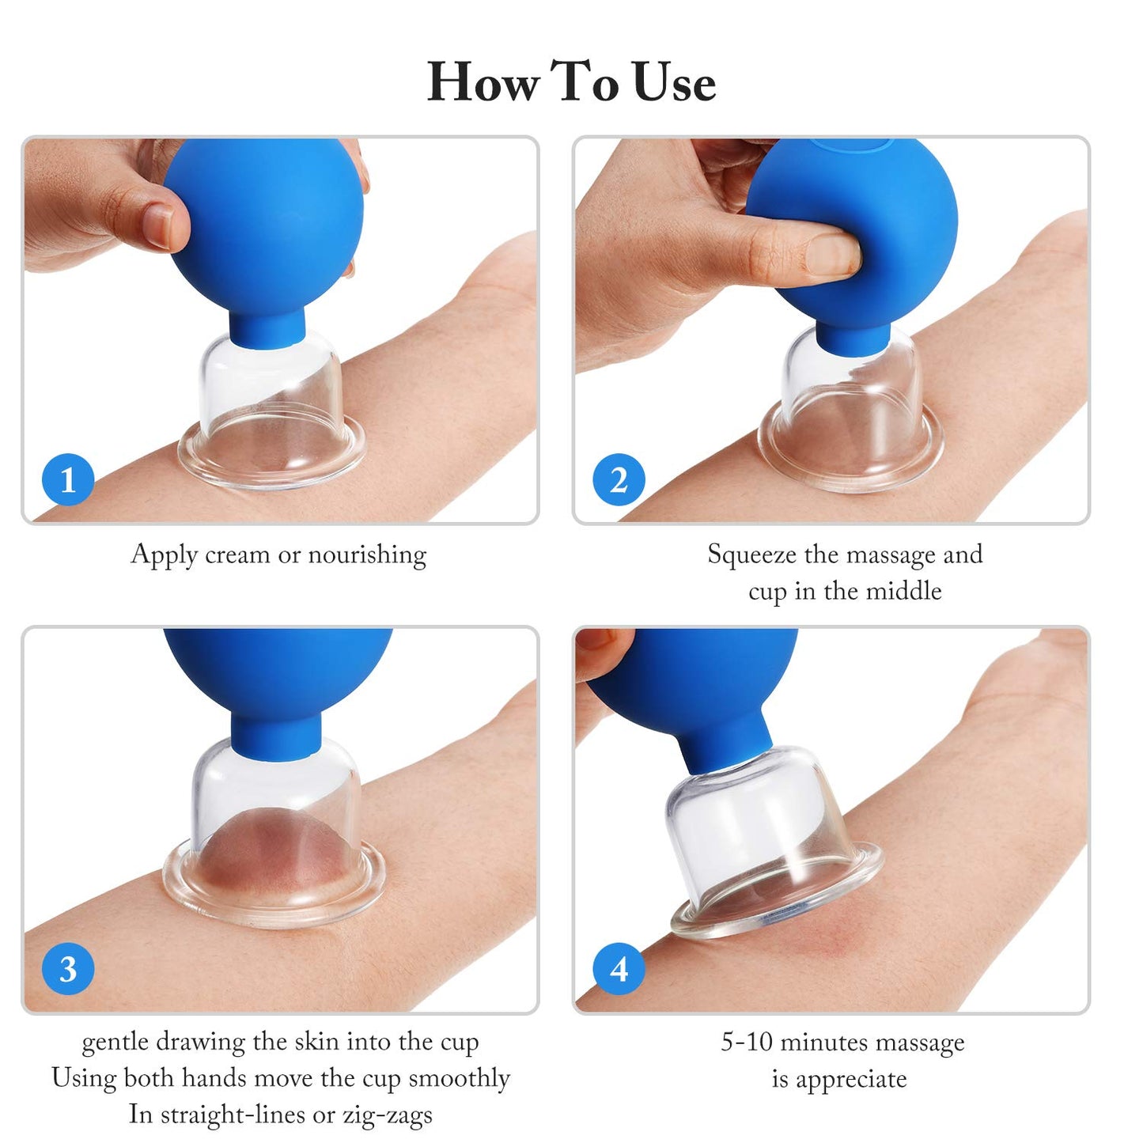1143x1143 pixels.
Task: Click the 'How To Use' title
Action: [x=571, y=81]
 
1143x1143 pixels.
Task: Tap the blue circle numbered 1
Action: [x=68, y=479]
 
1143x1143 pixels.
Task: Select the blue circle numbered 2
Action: [x=619, y=479]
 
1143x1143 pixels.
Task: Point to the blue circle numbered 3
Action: [x=68, y=969]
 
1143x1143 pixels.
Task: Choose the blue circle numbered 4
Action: [x=619, y=969]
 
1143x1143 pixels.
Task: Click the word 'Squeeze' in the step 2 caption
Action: [x=751, y=554]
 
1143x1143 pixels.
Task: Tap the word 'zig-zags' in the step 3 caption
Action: [x=388, y=1115]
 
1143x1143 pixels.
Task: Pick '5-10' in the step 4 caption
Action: [x=746, y=1042]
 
